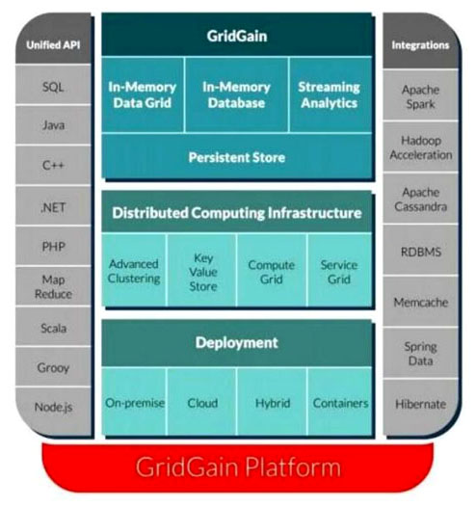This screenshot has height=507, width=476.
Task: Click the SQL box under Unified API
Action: tap(53, 85)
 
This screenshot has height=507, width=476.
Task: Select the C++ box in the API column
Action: tap(53, 165)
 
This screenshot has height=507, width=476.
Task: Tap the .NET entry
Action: tap(53, 205)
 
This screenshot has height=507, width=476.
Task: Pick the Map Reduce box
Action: tap(53, 286)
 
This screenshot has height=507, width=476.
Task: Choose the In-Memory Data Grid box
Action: tap(143, 94)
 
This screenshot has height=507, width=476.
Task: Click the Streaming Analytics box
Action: tap(330, 94)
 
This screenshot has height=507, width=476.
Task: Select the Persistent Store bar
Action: tap(237, 156)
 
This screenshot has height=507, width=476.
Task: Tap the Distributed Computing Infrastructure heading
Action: tap(237, 212)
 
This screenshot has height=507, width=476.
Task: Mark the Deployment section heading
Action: tap(237, 343)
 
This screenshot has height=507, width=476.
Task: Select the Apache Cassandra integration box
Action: tap(420, 199)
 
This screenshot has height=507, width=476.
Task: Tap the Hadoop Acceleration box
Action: tap(420, 147)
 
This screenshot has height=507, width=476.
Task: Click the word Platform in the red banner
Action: tap(293, 467)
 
